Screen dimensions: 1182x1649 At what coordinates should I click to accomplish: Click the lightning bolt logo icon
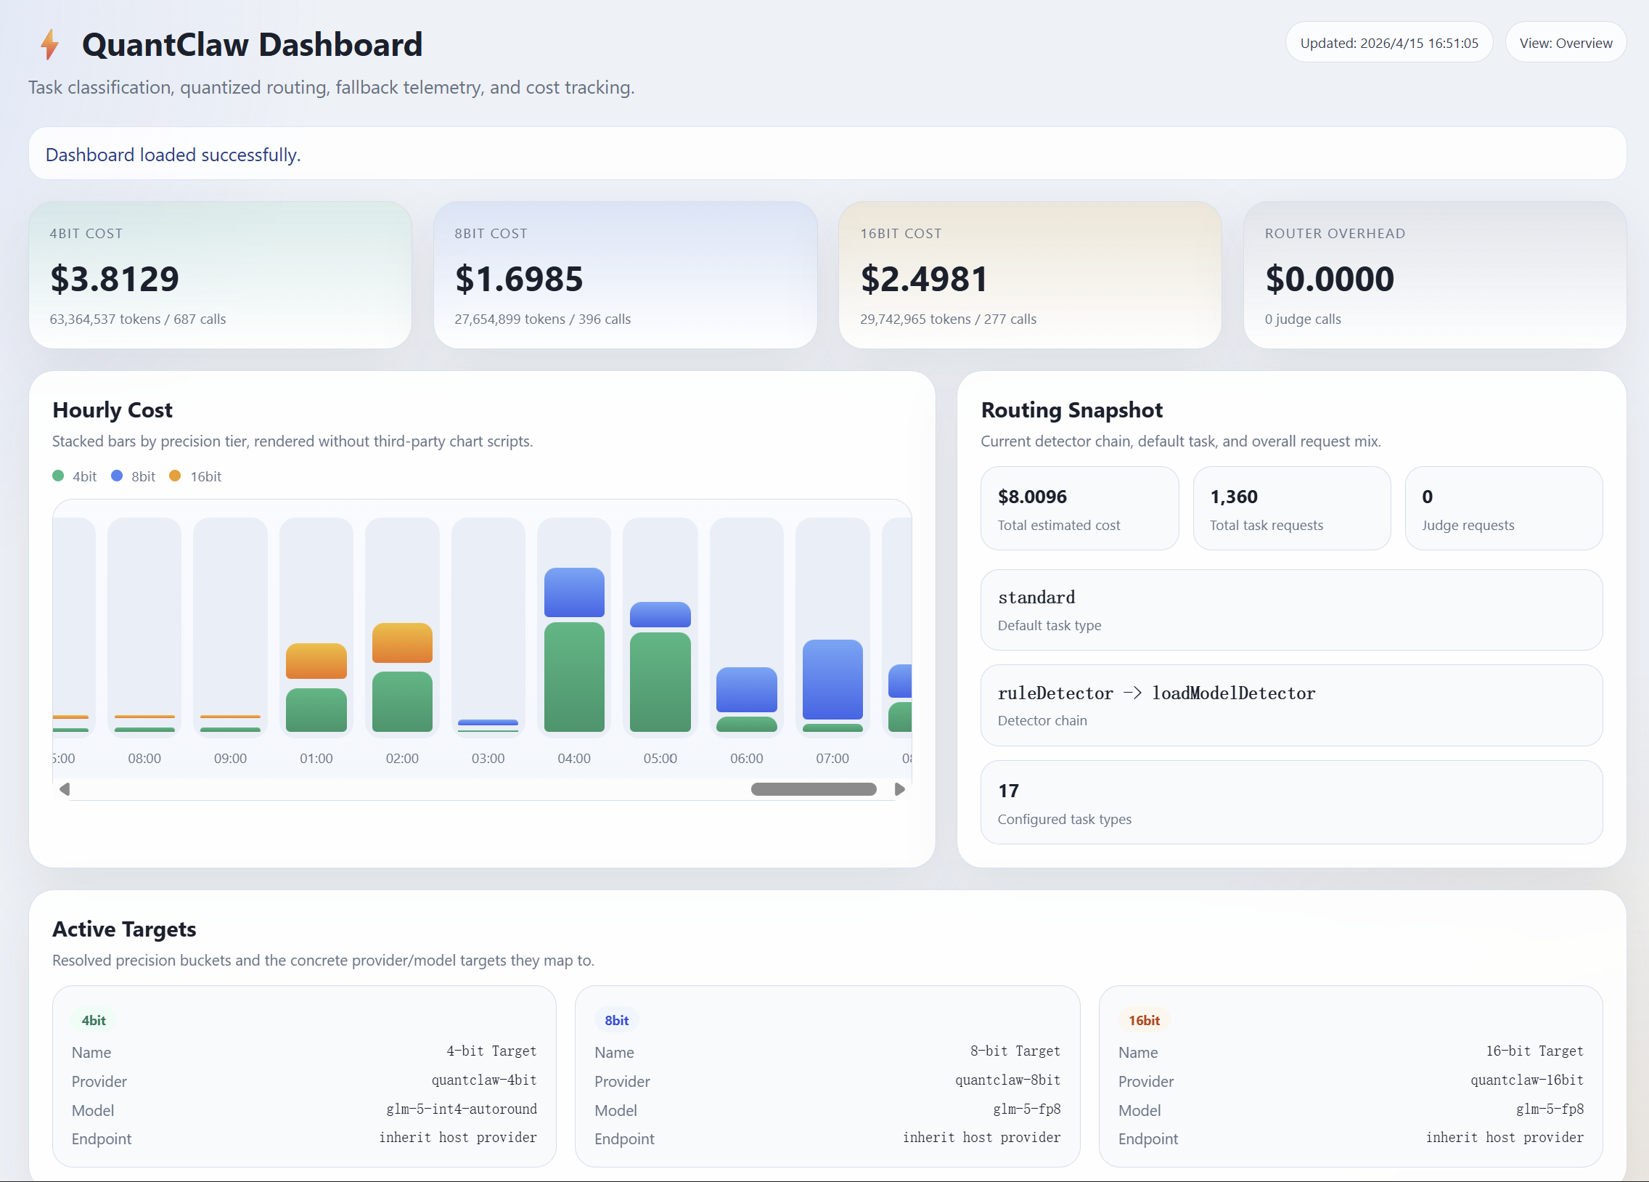49,44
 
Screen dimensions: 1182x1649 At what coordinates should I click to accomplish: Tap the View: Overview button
1566,43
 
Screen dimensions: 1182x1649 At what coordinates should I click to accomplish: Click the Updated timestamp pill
1388,43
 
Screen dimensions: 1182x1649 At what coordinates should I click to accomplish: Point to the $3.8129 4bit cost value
114,280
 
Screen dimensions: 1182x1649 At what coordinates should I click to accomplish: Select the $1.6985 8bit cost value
518,280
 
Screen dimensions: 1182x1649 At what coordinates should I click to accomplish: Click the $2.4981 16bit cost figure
923,280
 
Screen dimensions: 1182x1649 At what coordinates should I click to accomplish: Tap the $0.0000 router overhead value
1329,280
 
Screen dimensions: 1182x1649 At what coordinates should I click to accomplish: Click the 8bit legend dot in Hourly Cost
116,476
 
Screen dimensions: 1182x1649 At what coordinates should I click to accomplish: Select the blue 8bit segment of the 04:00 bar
573,592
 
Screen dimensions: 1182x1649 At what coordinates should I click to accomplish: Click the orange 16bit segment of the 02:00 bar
402,643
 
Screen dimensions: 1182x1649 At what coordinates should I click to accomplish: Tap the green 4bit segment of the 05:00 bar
660,682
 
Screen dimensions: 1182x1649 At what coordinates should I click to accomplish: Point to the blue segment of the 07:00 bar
832,680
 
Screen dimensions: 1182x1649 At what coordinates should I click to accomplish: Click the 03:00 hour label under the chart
488,758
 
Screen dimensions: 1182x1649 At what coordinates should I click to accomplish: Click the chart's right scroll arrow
899,789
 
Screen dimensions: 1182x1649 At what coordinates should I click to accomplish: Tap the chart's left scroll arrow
65,789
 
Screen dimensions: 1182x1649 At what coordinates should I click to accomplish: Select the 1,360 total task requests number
1233,497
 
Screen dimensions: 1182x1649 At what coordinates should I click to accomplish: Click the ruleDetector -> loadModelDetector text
1156,693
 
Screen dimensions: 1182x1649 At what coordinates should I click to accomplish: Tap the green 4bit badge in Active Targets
93,1020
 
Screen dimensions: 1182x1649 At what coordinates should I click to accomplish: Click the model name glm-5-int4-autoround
461,1109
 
